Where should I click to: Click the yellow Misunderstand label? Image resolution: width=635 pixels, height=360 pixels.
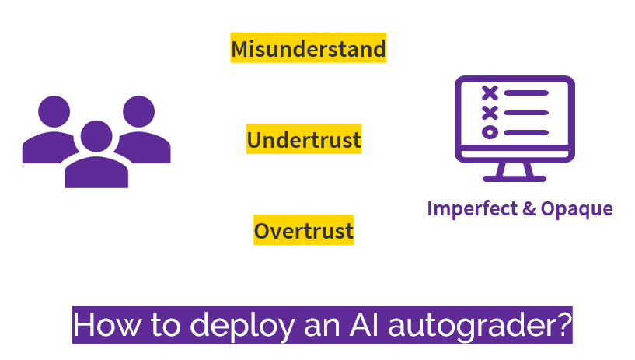point(309,48)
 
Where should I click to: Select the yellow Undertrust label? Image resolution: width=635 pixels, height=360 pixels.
point(304,139)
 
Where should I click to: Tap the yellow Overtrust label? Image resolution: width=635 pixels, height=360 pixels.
point(304,230)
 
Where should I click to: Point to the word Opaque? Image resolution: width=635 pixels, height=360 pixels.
point(576,208)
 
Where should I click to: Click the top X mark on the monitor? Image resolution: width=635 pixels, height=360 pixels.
point(490,93)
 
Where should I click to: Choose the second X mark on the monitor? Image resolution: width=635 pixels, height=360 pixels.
point(490,113)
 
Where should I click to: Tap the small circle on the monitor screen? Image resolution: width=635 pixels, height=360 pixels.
point(490,132)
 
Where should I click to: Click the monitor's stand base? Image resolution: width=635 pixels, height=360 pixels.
point(515,177)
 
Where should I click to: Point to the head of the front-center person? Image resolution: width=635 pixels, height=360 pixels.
point(96,137)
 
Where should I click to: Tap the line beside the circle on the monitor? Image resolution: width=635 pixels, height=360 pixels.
point(526,132)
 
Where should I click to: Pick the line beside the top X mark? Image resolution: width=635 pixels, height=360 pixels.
point(526,93)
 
